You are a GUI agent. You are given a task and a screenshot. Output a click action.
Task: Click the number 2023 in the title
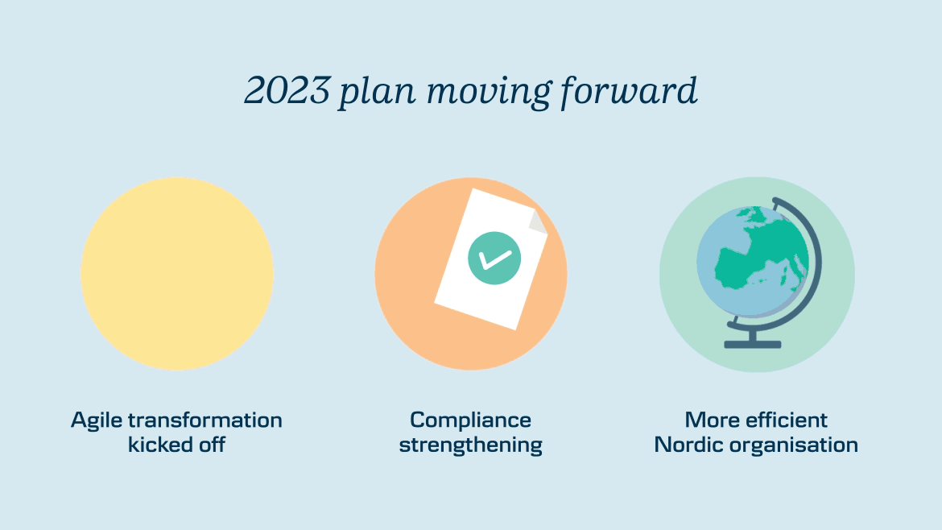[x=287, y=90]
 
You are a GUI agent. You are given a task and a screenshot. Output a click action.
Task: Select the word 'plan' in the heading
[x=376, y=93]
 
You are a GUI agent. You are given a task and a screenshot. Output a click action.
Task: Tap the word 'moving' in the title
[x=487, y=93]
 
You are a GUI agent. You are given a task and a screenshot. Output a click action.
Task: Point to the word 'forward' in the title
[x=628, y=93]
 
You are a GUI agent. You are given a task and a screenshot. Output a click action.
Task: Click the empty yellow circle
[x=177, y=273]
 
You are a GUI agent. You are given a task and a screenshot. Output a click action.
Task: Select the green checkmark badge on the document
[x=494, y=259]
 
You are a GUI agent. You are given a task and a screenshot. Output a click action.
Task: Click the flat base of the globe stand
[x=752, y=344]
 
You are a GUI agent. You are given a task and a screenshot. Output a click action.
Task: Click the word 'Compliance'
[x=470, y=420]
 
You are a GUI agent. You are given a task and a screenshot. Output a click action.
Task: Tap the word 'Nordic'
[x=688, y=445]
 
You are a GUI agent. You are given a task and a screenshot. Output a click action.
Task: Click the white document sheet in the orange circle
[x=491, y=259]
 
